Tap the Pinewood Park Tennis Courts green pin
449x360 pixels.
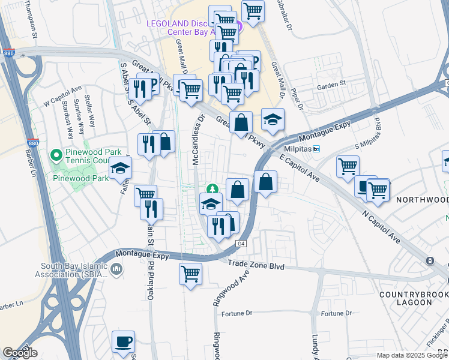(56, 156)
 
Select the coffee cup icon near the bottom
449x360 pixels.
(124, 342)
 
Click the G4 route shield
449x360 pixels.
(241, 244)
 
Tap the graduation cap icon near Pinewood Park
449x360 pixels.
(121, 170)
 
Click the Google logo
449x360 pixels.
(20, 353)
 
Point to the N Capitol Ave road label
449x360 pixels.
(381, 226)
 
